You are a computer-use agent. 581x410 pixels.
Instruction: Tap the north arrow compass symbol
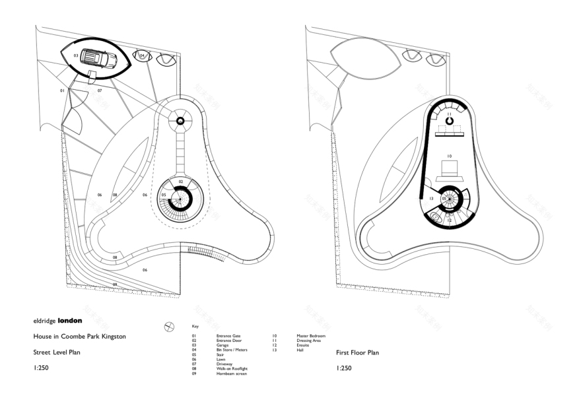(x=169, y=326)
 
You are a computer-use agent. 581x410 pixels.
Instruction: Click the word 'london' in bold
(x=70, y=320)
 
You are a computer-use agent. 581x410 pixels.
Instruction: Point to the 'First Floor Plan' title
(x=357, y=353)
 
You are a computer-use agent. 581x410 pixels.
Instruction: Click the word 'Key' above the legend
(x=195, y=326)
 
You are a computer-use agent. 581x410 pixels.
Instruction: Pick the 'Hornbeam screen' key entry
(x=230, y=374)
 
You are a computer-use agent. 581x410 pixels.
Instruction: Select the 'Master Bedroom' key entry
(x=302, y=336)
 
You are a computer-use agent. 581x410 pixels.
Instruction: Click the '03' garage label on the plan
(x=76, y=55)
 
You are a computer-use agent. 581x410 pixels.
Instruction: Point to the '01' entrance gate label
(x=63, y=90)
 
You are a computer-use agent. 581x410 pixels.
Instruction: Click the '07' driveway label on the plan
(x=100, y=90)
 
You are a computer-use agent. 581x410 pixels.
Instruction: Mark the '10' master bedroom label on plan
(x=449, y=156)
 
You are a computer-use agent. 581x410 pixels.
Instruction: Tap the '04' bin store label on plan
(x=142, y=55)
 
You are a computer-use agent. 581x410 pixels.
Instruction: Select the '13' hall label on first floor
(x=430, y=198)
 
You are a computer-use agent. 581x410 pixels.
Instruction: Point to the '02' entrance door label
(x=181, y=180)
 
